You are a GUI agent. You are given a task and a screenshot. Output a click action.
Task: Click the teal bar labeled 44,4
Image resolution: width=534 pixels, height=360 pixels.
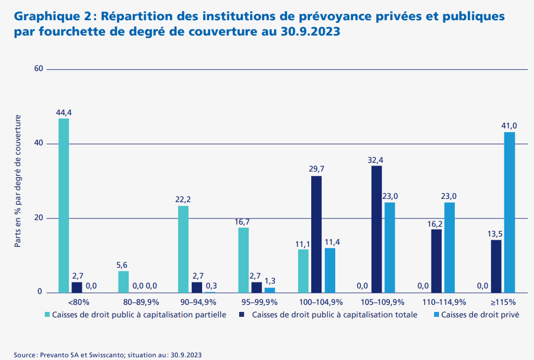pyautogui.click(x=64, y=205)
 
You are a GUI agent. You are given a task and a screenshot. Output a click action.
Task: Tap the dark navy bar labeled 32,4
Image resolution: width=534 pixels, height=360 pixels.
pyautogui.click(x=376, y=229)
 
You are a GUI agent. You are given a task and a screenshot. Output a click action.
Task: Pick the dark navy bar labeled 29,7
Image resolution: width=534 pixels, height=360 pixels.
pyautogui.click(x=316, y=234)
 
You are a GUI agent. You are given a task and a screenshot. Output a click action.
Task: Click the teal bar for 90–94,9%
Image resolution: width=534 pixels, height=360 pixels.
pyautogui.click(x=183, y=249)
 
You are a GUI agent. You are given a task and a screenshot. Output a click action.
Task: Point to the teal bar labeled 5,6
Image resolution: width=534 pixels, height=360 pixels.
pyautogui.click(x=123, y=282)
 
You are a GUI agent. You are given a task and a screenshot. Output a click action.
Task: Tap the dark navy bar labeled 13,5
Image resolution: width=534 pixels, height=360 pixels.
pyautogui.click(x=496, y=266)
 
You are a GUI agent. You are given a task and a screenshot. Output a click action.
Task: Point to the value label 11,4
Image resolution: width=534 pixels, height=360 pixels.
pyautogui.click(x=330, y=242)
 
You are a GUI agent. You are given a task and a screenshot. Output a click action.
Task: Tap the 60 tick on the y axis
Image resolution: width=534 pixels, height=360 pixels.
pyautogui.click(x=38, y=69)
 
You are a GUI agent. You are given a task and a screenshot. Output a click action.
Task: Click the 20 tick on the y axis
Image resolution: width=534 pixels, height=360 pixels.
pyautogui.click(x=38, y=218)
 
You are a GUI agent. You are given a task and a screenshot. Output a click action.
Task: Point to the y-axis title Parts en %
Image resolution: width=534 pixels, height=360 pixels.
pyautogui.click(x=18, y=180)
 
